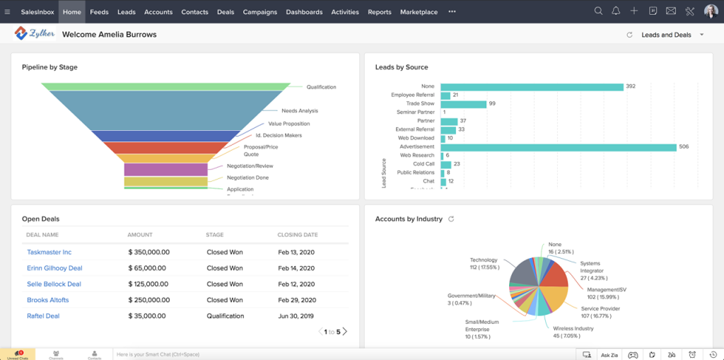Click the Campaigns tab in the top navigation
(x=259, y=12)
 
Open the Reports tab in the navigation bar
(x=380, y=12)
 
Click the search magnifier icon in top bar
(x=598, y=11)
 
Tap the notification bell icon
(x=616, y=11)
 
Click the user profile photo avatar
(x=710, y=11)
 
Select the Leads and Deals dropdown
(x=672, y=35)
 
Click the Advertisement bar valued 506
(x=559, y=147)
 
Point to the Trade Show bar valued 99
(x=463, y=104)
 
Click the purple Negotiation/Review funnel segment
(x=166, y=170)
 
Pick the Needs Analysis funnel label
(x=300, y=111)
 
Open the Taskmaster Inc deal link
(x=49, y=252)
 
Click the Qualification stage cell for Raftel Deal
(x=225, y=316)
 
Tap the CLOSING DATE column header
(x=297, y=235)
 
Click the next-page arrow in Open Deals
(x=345, y=332)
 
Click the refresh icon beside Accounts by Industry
(x=451, y=219)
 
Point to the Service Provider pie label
(x=600, y=309)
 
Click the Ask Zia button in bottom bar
(x=609, y=354)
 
